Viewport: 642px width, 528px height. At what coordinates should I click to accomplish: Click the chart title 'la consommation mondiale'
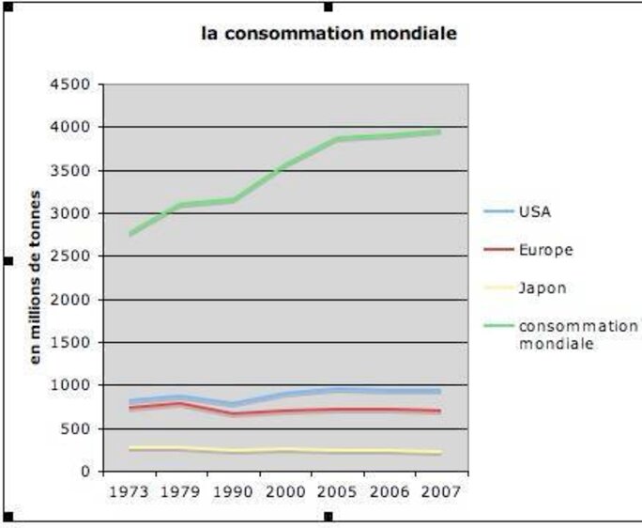(x=329, y=34)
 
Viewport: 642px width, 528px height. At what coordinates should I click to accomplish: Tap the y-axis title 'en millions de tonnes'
(x=36, y=277)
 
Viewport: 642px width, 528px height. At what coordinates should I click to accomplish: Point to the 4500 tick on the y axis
(x=72, y=85)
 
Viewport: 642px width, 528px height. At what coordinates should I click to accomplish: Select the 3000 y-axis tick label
(x=72, y=213)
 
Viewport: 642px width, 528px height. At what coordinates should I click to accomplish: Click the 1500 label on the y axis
(x=72, y=343)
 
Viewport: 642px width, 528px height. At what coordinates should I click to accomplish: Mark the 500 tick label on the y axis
(x=77, y=428)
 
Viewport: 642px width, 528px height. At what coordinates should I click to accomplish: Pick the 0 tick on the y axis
(x=85, y=472)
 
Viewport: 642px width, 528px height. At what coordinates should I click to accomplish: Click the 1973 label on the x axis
(x=130, y=491)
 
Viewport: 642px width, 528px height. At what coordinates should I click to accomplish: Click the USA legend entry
(x=535, y=211)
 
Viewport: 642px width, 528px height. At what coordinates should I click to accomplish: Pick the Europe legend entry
(x=545, y=250)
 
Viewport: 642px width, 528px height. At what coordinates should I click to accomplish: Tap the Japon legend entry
(x=543, y=287)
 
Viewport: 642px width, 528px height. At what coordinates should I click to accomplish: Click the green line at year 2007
(x=439, y=132)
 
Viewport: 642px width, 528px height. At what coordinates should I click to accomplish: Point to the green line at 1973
(x=130, y=234)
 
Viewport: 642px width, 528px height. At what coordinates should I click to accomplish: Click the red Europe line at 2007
(x=439, y=412)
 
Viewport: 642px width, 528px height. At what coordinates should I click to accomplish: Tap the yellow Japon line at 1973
(x=130, y=449)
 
